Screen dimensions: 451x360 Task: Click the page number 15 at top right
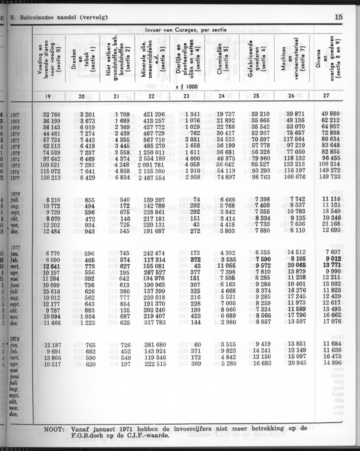pos(338,17)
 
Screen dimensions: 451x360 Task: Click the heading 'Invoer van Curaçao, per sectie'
pos(186,30)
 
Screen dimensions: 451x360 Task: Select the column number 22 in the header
pos(151,96)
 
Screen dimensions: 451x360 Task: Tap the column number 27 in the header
pos(326,96)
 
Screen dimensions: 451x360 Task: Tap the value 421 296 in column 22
pos(151,114)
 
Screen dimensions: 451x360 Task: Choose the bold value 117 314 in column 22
pos(151,260)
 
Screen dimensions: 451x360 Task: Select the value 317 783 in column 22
pos(151,323)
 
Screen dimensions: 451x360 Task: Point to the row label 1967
pos(15,115)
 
